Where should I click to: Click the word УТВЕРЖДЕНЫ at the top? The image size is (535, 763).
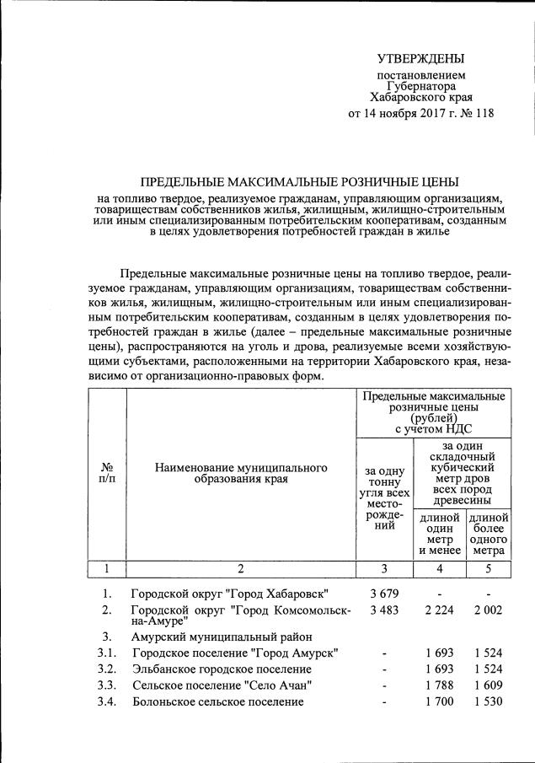[420, 59]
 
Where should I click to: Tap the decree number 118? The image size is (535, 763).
[483, 114]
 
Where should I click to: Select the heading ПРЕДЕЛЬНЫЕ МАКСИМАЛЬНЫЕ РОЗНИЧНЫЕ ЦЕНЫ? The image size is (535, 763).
[300, 182]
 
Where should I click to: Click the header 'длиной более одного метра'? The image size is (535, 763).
[489, 534]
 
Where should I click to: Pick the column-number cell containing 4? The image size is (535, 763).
[439, 567]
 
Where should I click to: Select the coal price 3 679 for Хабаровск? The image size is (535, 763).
[384, 594]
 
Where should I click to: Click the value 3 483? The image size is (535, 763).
[384, 610]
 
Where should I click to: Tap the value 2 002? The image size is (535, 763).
[489, 610]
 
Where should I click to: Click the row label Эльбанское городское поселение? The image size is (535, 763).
[222, 669]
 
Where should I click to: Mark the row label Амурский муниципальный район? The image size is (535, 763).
[222, 637]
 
